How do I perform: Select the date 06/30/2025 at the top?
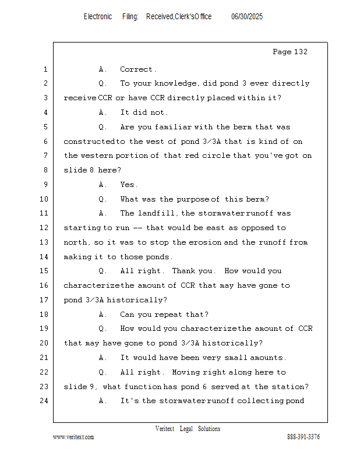click(247, 17)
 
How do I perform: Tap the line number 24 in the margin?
click(44, 401)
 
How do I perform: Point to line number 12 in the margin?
click(44, 228)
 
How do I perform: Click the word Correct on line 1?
click(137, 69)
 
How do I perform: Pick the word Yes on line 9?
click(128, 185)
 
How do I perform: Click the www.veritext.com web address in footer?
click(73, 437)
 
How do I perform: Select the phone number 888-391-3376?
click(303, 437)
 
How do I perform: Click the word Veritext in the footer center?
click(165, 429)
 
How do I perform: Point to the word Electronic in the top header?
click(98, 17)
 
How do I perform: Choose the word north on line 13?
click(76, 242)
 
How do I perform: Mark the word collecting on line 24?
click(260, 401)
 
